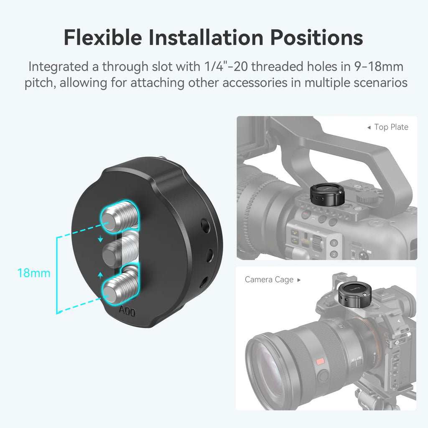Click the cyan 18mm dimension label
click(33, 273)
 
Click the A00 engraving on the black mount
click(127, 311)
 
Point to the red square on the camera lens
click(321, 361)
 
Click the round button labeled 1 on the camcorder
click(334, 243)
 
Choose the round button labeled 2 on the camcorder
click(334, 254)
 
